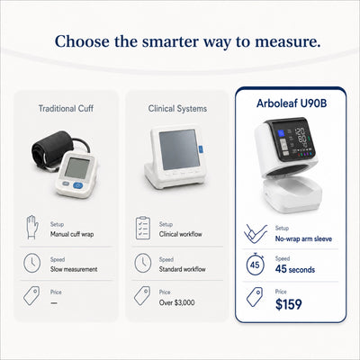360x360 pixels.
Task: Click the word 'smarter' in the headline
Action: point(169,41)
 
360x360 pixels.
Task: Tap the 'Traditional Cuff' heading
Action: point(66,108)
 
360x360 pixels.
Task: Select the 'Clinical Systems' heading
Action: point(177,109)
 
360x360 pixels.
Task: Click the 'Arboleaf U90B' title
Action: point(292,103)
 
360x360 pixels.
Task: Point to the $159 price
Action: point(289,304)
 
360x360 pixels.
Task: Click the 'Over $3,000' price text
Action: point(176,302)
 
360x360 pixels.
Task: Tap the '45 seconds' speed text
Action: point(295,269)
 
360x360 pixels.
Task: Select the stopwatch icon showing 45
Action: point(255,265)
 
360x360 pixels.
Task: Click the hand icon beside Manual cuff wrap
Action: point(31,227)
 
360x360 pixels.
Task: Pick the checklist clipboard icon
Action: point(143,228)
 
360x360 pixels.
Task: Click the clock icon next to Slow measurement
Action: point(31,263)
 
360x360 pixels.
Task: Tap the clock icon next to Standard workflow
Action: point(142,263)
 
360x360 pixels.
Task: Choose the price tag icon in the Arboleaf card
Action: point(255,297)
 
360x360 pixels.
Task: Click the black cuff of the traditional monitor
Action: point(52,149)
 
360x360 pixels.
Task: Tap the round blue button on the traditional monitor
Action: point(78,185)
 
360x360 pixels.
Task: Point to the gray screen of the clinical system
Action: point(179,149)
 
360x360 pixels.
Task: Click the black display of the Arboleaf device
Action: point(291,140)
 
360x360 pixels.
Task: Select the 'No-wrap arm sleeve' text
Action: point(303,238)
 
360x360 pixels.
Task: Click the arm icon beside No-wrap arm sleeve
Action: point(256,233)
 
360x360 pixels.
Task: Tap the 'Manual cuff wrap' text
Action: point(72,234)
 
